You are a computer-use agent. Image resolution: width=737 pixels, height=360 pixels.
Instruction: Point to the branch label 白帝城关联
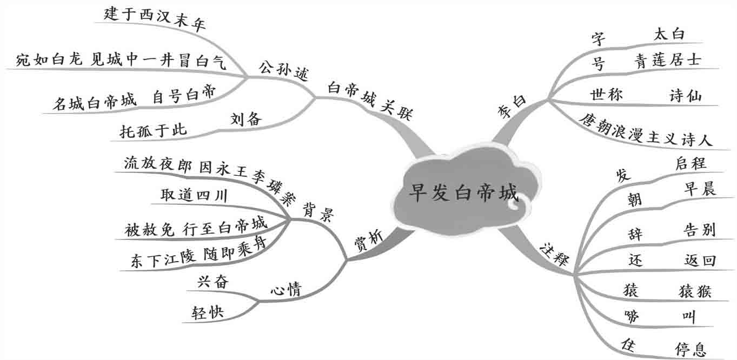[x=371, y=99]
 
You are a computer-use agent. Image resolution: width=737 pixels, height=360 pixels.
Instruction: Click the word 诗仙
[x=686, y=96]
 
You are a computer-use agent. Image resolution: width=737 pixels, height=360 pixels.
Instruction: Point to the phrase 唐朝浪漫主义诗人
[x=646, y=130]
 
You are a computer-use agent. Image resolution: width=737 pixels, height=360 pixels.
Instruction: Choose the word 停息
[x=690, y=348]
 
